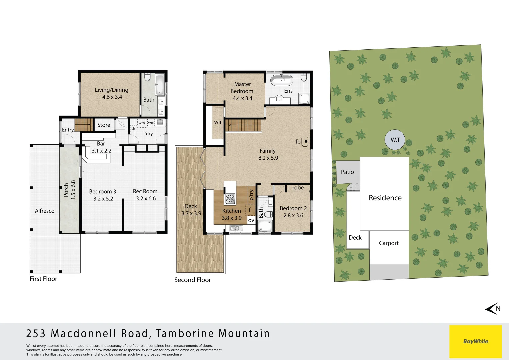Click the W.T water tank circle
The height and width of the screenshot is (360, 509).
click(395, 140)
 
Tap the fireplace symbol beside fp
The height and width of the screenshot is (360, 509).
click(305, 141)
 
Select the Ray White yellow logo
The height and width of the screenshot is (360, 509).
click(476, 341)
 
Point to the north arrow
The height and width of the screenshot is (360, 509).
click(493, 309)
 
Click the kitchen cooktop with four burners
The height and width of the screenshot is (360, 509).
click(230, 198)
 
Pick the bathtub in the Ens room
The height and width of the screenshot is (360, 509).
click(282, 80)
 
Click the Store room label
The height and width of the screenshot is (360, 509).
click(104, 125)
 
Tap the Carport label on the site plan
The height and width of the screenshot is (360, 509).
click(389, 243)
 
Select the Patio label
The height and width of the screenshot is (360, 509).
click(347, 172)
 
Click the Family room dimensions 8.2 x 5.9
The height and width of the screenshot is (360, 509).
click(268, 158)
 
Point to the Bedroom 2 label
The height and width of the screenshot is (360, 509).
click(293, 208)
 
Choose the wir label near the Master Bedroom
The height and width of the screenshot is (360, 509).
click(218, 122)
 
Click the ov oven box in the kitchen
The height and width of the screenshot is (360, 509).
click(251, 220)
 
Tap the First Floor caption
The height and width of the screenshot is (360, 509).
click(43, 279)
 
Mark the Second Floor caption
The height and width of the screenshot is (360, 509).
click(192, 280)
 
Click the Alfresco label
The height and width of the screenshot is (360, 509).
click(45, 211)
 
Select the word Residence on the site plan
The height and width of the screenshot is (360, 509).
click(385, 198)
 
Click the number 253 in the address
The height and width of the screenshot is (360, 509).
click(36, 334)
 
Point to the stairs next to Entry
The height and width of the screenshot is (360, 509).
click(84, 125)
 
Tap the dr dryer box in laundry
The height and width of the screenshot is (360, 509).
click(133, 128)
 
